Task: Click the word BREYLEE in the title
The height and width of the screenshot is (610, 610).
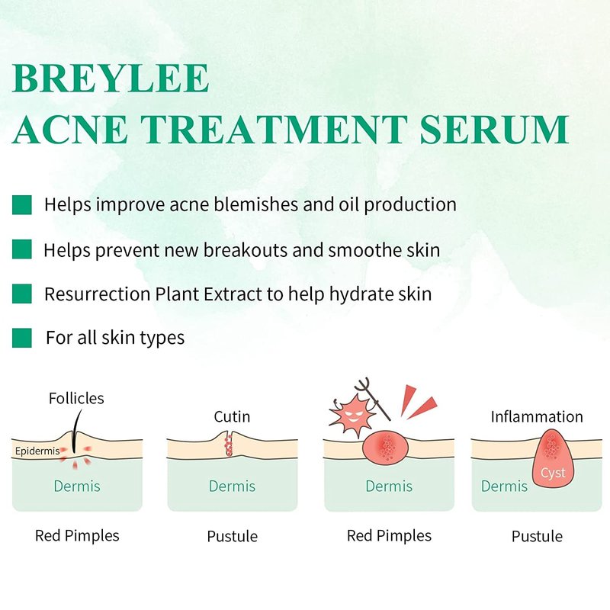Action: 111,79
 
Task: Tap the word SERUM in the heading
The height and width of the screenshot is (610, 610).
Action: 494,130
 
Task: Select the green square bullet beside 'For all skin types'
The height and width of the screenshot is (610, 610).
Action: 22,338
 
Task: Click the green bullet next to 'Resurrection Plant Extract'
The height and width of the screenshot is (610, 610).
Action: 22,294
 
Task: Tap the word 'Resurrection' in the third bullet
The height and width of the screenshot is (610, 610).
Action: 98,294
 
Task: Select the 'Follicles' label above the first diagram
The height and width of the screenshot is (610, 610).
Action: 76,398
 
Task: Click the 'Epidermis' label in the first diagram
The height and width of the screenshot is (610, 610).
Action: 37,451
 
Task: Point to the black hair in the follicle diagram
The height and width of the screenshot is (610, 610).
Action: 76,432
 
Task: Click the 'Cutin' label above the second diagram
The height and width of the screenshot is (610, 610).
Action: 232,416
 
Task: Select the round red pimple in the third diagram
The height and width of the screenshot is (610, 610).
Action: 386,447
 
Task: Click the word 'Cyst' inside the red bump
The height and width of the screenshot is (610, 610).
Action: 552,473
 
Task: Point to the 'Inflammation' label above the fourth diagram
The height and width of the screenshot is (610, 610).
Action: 537,416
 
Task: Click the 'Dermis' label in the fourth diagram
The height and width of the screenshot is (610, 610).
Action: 504,486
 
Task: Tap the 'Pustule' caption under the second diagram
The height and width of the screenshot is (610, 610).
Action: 233,537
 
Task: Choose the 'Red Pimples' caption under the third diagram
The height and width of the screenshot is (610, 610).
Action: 389,536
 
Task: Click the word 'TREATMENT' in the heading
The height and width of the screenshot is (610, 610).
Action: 274,130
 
